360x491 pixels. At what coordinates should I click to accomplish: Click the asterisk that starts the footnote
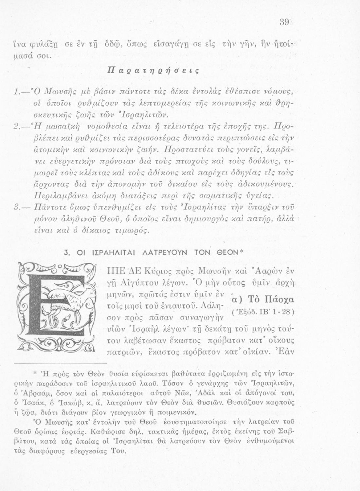35,373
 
